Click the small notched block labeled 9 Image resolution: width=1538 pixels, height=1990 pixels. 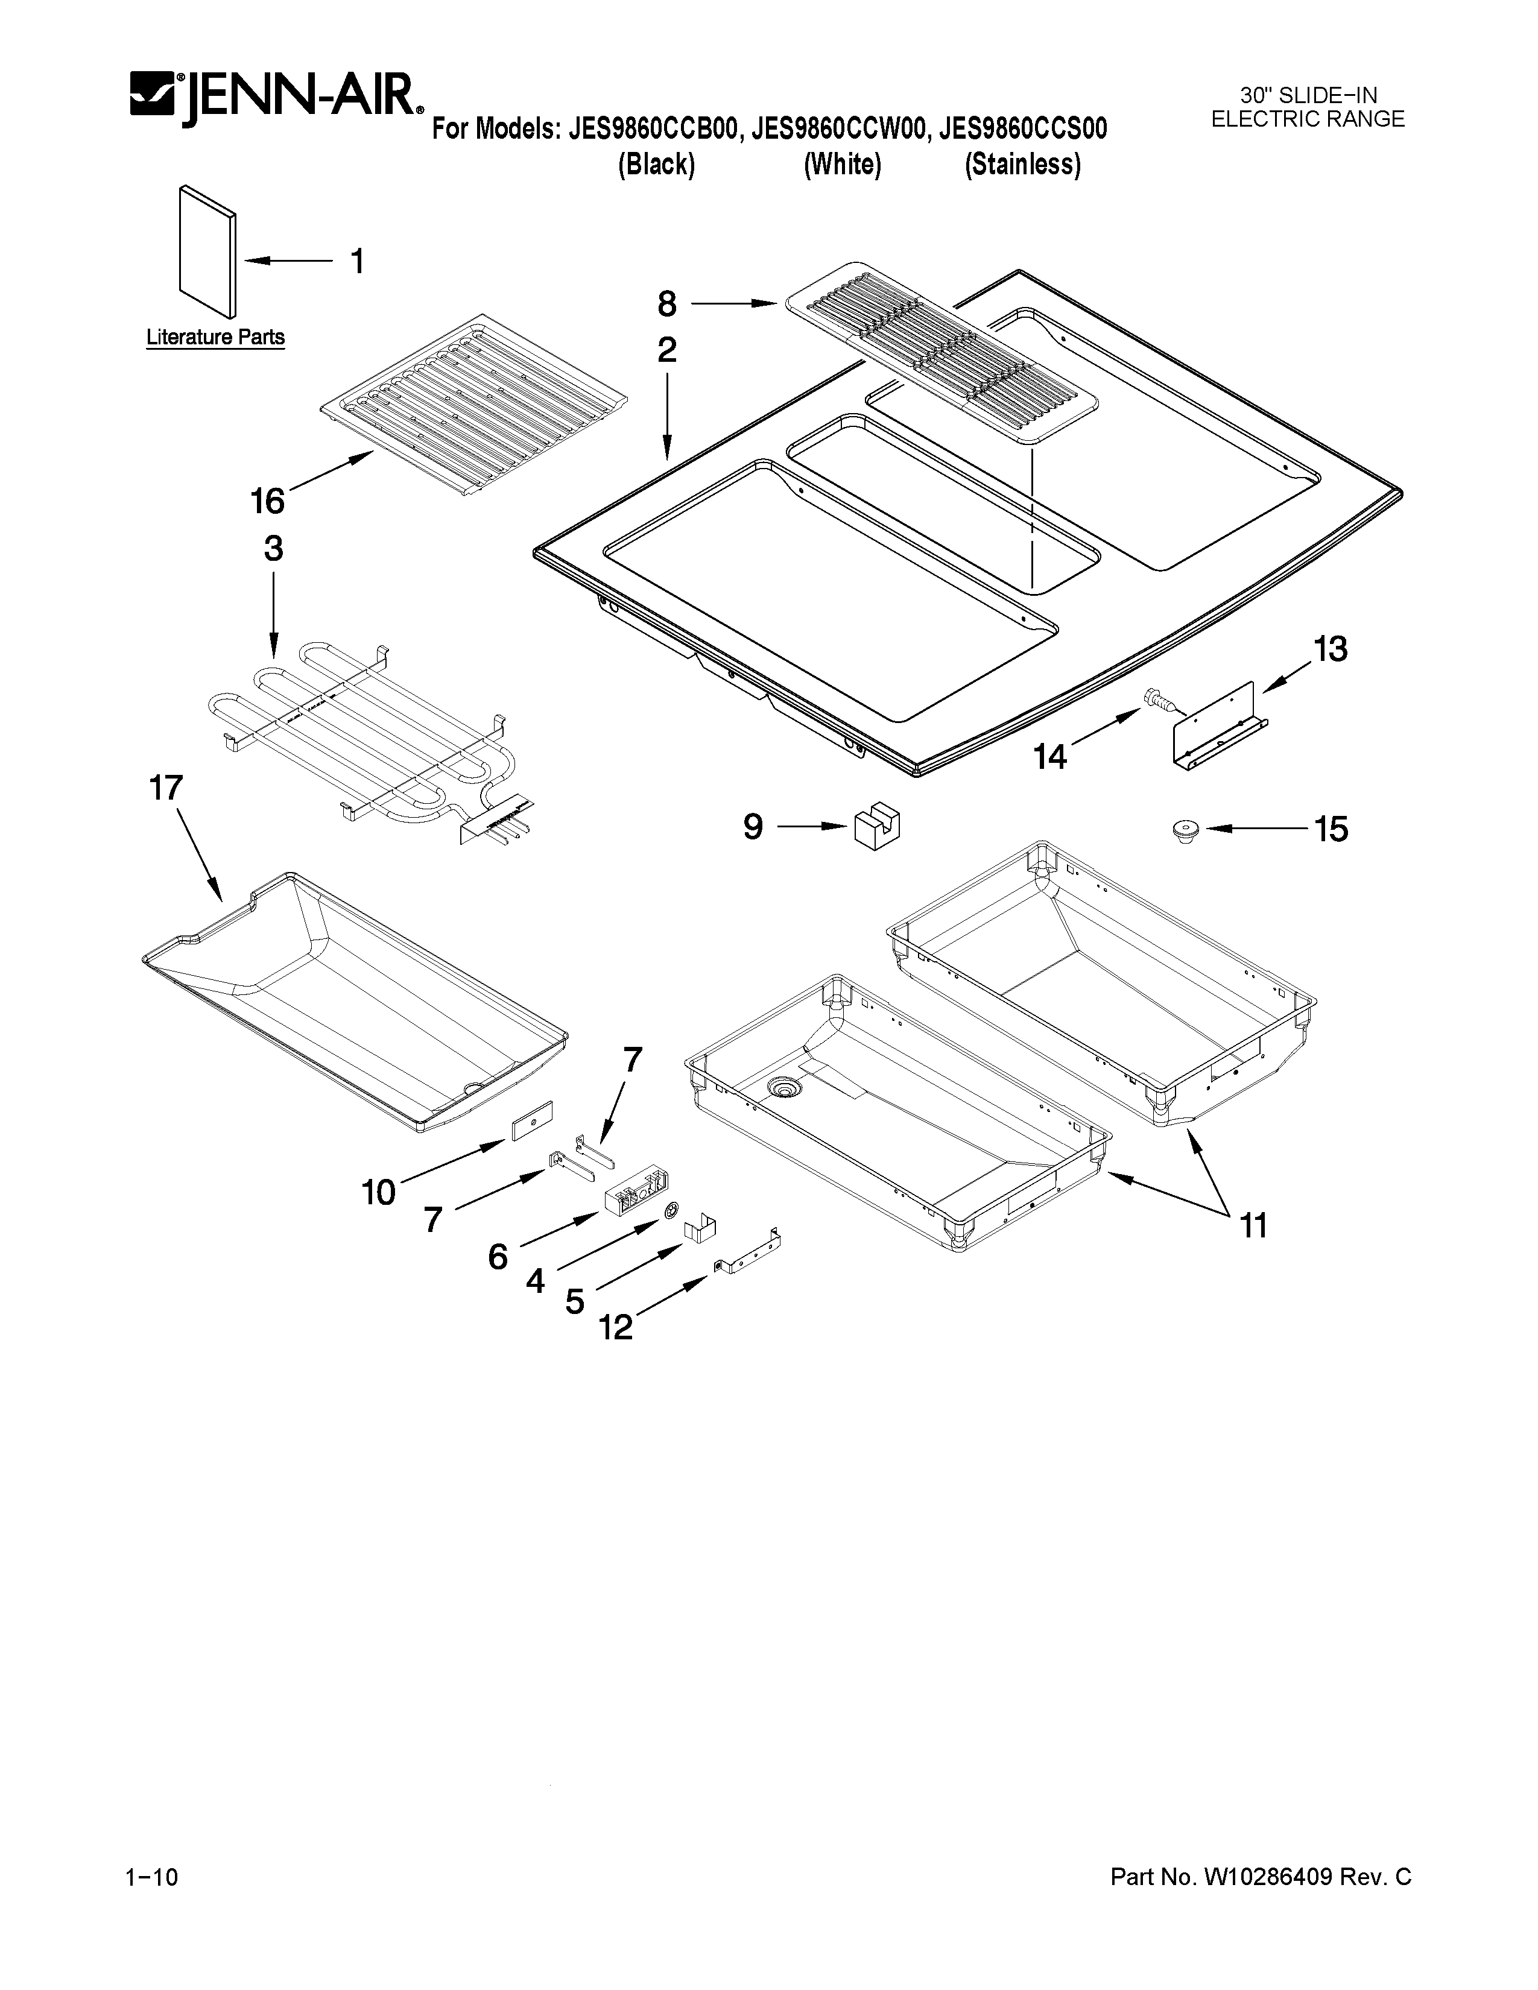coord(876,826)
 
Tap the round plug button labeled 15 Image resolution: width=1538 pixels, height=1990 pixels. coord(1183,830)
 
